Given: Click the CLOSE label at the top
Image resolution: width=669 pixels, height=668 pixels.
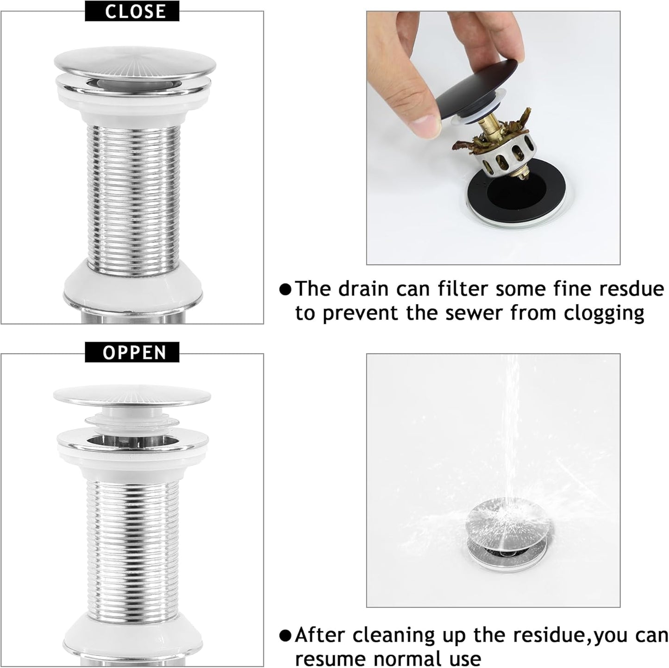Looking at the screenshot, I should pos(132,11).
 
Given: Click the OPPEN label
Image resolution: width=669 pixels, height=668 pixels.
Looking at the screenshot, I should pos(132,353).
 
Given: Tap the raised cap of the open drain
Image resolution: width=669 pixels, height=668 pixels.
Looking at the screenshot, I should pos(132,396).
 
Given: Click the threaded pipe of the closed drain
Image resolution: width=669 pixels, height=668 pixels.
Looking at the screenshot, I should pos(132,199).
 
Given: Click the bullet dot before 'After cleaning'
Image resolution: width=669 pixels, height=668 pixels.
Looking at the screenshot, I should pos(286,635).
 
